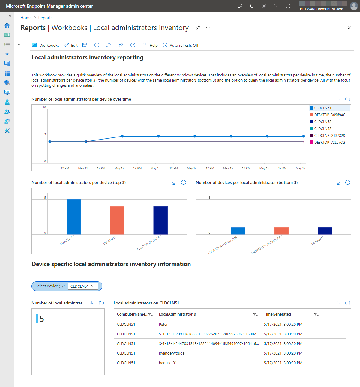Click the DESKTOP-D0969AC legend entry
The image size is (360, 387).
tap(329, 115)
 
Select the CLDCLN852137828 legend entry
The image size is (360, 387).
tap(329, 136)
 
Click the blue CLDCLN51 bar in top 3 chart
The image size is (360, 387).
tap(73, 217)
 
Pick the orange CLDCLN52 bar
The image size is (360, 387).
tap(117, 220)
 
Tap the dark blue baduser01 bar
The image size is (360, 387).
tap(325, 231)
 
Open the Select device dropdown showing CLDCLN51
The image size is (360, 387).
tap(83, 286)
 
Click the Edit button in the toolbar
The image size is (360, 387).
tap(71, 45)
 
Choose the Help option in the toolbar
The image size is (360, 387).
tap(150, 45)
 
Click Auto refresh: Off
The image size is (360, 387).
tap(181, 45)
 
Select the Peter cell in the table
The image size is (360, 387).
tap(163, 325)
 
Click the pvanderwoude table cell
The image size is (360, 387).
tap(172, 353)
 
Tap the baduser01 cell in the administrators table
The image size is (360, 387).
tap(168, 363)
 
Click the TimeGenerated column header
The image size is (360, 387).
tap(277, 314)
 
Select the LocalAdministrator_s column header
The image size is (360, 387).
tap(177, 314)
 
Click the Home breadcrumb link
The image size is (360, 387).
tap(26, 18)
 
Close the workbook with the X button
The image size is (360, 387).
tap(349, 28)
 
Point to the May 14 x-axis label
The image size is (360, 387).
tap(192, 168)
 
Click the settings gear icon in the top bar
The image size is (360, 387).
tap(264, 6)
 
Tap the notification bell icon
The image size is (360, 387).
tap(252, 6)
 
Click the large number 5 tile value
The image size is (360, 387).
tap(42, 319)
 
